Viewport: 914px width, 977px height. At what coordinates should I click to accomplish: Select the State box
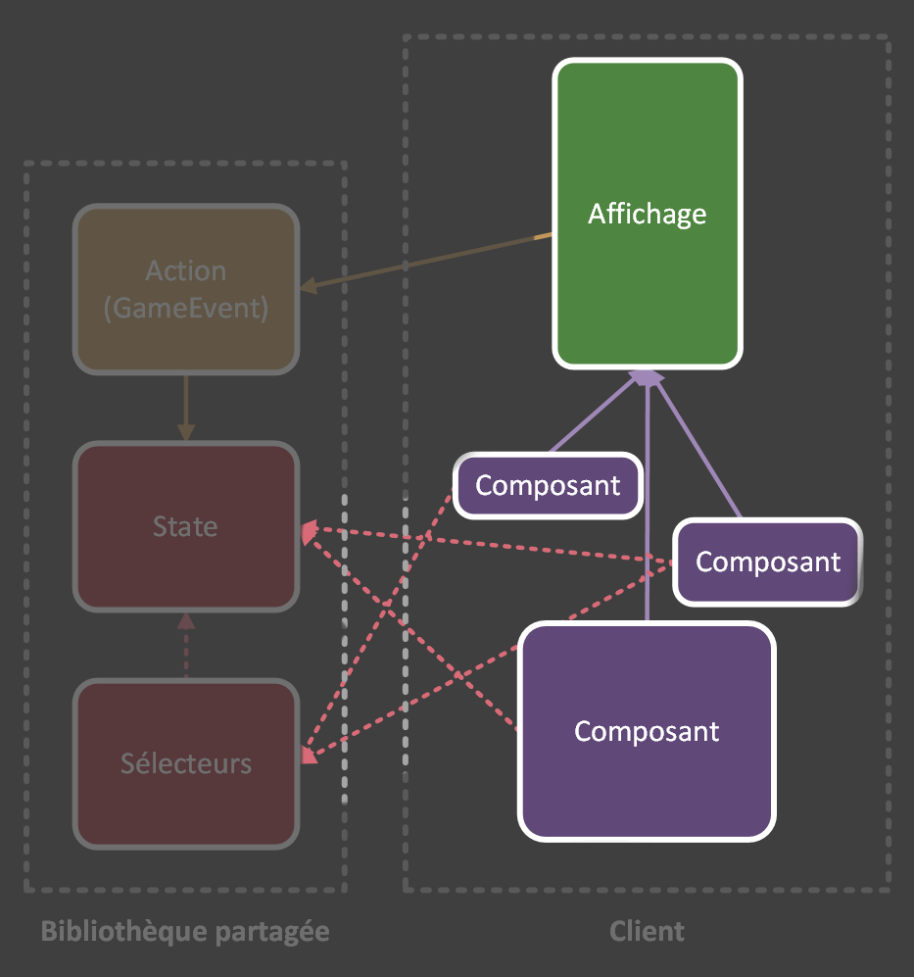(185, 526)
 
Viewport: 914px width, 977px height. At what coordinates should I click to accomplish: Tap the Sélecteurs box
(185, 763)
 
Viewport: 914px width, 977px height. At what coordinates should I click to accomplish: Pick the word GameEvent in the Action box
(186, 308)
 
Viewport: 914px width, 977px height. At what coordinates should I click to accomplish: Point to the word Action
(186, 270)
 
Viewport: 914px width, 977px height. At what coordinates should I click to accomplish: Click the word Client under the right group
(647, 931)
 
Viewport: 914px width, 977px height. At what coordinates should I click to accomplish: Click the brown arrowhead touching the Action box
(308, 286)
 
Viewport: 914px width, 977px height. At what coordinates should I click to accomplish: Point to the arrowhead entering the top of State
(185, 432)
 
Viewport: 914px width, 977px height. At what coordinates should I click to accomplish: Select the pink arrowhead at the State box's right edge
(309, 532)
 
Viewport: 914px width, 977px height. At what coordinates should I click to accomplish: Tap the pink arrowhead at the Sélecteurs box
(309, 755)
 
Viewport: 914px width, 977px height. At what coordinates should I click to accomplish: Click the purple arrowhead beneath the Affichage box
(647, 376)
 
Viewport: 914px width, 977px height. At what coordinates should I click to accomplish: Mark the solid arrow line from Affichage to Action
(431, 261)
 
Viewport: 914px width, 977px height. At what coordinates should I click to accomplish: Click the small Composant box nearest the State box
(548, 485)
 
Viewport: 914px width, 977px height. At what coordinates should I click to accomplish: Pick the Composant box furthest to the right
(768, 562)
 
